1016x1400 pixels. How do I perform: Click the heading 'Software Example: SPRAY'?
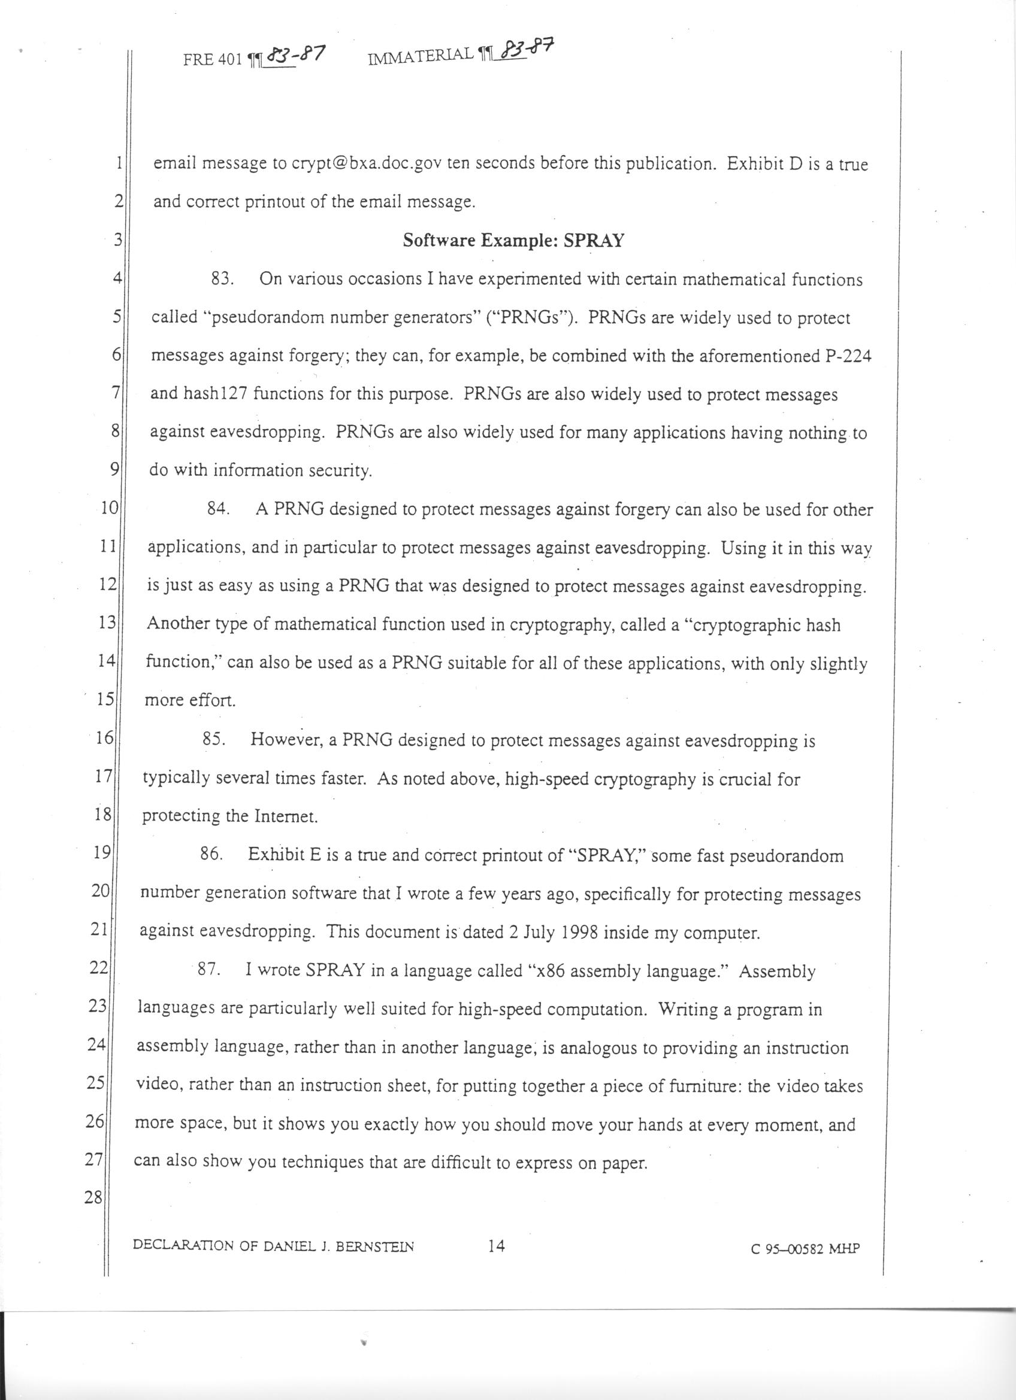(513, 240)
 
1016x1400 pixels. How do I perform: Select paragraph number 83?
(222, 279)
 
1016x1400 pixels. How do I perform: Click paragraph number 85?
(213, 740)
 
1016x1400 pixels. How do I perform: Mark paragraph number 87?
(208, 970)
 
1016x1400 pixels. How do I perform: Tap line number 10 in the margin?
(108, 509)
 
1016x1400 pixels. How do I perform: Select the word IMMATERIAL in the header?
(422, 59)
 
